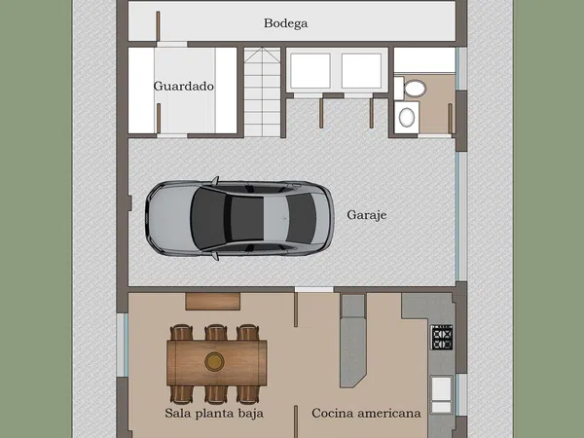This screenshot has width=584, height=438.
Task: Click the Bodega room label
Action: pyautogui.click(x=285, y=23)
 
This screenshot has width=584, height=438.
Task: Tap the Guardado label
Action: pyautogui.click(x=184, y=86)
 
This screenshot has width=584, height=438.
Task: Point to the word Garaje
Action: pyautogui.click(x=367, y=215)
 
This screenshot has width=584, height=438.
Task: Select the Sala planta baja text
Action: pyautogui.click(x=214, y=413)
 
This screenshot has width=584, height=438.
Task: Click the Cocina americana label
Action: pyautogui.click(x=367, y=413)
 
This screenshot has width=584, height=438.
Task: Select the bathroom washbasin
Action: pyautogui.click(x=406, y=117)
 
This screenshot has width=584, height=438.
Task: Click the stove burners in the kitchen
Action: pyautogui.click(x=442, y=338)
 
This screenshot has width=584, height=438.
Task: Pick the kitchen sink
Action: pyautogui.click(x=441, y=394)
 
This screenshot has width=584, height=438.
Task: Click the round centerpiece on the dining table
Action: pyautogui.click(x=214, y=362)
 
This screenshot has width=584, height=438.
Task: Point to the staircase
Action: pyautogui.click(x=262, y=92)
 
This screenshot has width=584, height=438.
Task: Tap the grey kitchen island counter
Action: pyautogui.click(x=352, y=341)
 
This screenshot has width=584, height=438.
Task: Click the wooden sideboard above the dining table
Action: pyautogui.click(x=212, y=302)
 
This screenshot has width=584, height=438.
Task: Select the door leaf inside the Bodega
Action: pyautogui.click(x=158, y=25)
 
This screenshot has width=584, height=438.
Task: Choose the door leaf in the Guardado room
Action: pyautogui.click(x=159, y=119)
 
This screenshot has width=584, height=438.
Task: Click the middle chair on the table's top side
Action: pyautogui.click(x=216, y=333)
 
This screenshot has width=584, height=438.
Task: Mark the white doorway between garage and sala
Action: pyautogui.click(x=314, y=289)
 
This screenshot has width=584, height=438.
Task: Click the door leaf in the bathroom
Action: pyautogui.click(x=450, y=119)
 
